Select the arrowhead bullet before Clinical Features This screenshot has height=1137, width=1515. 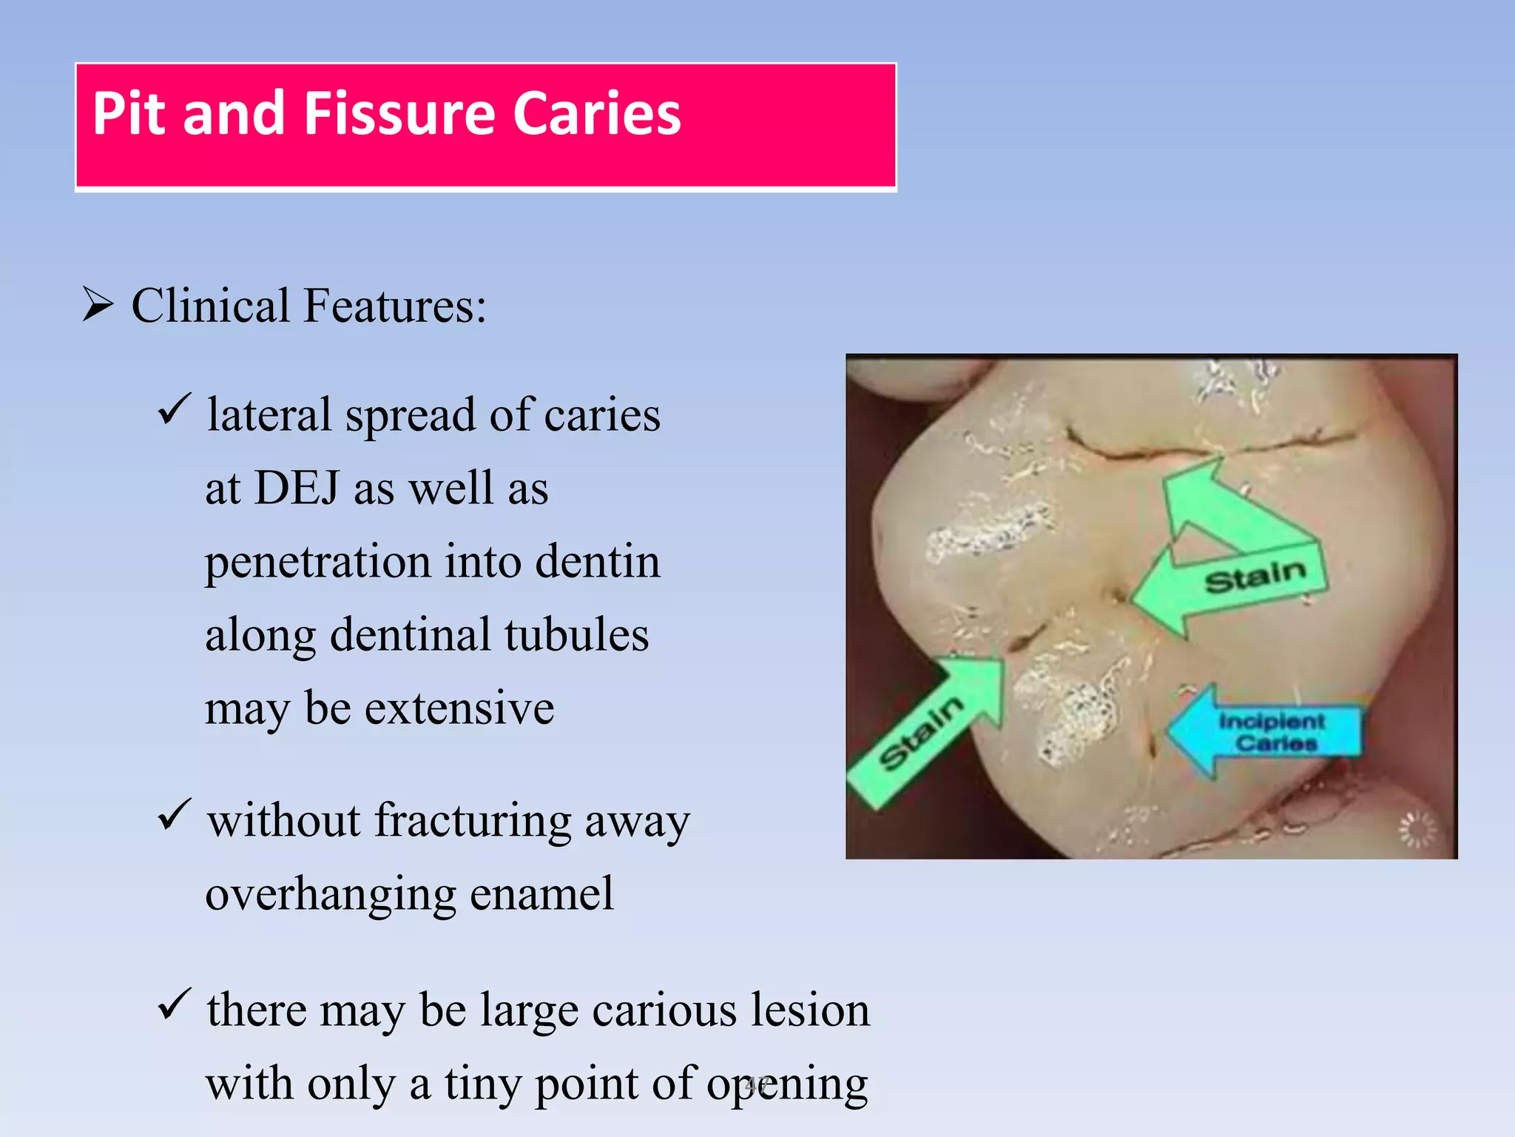pyautogui.click(x=98, y=305)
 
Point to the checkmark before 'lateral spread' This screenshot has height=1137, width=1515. pyautogui.click(x=175, y=409)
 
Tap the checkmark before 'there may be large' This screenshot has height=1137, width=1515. pyautogui.click(x=175, y=1004)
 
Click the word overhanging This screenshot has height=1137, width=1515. pyautogui.click(x=329, y=894)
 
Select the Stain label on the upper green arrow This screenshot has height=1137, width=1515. pyautogui.click(x=1255, y=577)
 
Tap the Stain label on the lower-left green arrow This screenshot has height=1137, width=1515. pyautogui.click(x=920, y=733)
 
